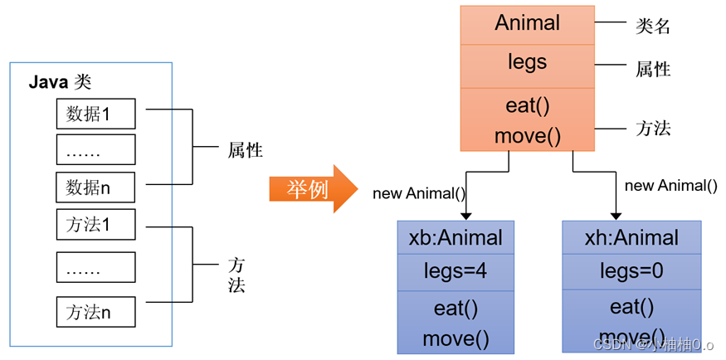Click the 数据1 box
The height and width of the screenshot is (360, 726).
point(95,113)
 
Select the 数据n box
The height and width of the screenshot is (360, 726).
point(95,188)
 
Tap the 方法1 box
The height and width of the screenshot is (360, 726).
point(95,224)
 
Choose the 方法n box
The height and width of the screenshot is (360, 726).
point(95,312)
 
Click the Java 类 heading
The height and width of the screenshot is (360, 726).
point(59,82)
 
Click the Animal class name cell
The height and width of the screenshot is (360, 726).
point(527,23)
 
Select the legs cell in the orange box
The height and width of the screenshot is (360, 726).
point(527,62)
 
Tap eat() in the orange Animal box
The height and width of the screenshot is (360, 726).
point(527,105)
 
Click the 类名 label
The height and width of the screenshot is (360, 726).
point(652,26)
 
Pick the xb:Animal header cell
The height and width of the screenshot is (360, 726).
point(456,238)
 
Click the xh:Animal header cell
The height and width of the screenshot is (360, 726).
point(631,238)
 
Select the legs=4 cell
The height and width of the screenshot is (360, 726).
point(456,271)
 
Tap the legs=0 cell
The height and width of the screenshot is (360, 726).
point(631,271)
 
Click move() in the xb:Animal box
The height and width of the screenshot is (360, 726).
point(456,338)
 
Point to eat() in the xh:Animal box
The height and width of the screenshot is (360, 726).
point(631,307)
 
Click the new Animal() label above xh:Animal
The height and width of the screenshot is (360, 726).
point(670,186)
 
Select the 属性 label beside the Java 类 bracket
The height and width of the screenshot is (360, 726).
point(246,151)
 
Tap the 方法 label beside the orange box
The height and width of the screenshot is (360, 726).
point(652,128)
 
